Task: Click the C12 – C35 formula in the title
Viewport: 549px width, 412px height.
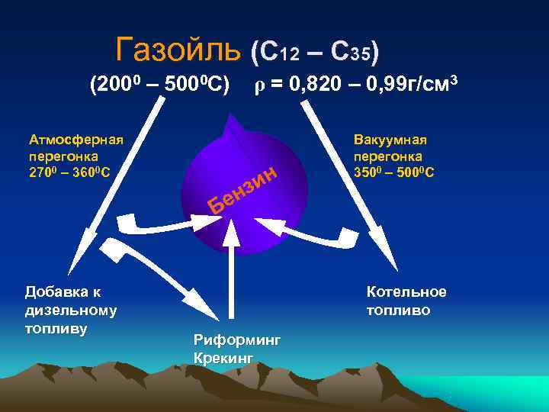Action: point(315,52)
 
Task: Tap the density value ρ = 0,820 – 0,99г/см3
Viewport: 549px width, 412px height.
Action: point(355,85)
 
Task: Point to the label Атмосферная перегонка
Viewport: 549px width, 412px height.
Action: point(75,147)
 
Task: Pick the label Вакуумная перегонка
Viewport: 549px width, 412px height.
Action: point(390,147)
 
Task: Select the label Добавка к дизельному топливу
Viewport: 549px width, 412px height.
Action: point(71,310)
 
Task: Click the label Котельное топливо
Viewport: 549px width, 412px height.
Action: point(406,301)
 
